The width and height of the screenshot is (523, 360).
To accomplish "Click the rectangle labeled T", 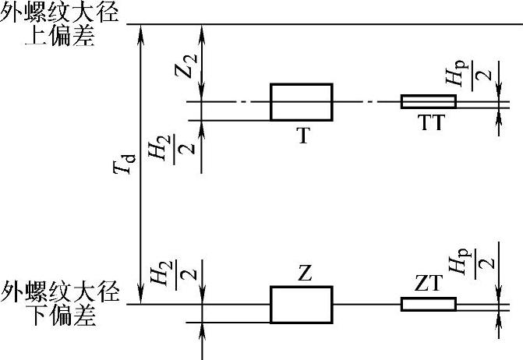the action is (x=302, y=101).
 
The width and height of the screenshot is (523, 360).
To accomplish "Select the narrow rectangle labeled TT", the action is (x=428, y=101).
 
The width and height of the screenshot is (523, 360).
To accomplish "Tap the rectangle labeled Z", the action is (x=302, y=304).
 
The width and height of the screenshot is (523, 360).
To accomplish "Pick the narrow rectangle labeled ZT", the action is (x=428, y=304).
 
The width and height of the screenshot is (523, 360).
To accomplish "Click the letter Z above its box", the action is (x=305, y=274).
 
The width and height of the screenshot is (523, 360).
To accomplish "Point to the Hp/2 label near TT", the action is (x=465, y=76).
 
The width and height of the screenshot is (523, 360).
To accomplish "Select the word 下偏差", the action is (x=61, y=316).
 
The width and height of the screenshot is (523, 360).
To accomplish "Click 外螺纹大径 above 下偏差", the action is (x=61, y=295).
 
